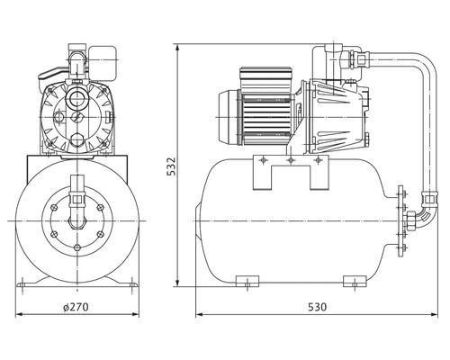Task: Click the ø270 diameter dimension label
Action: [76, 307]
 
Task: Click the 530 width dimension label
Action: [317, 307]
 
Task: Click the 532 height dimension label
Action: [171, 166]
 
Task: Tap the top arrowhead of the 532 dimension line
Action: [178, 48]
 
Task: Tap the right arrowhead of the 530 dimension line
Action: [435, 314]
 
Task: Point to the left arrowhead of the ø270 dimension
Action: [19, 314]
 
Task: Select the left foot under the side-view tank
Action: [247, 281]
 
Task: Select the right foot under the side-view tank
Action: [355, 281]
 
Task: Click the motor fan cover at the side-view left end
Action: [229, 117]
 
